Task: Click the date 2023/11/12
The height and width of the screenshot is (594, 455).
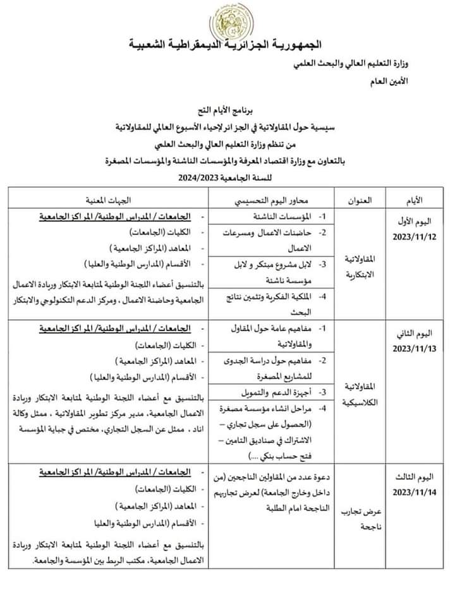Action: coord(413,237)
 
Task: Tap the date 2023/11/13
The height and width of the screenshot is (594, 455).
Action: coord(413,349)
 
